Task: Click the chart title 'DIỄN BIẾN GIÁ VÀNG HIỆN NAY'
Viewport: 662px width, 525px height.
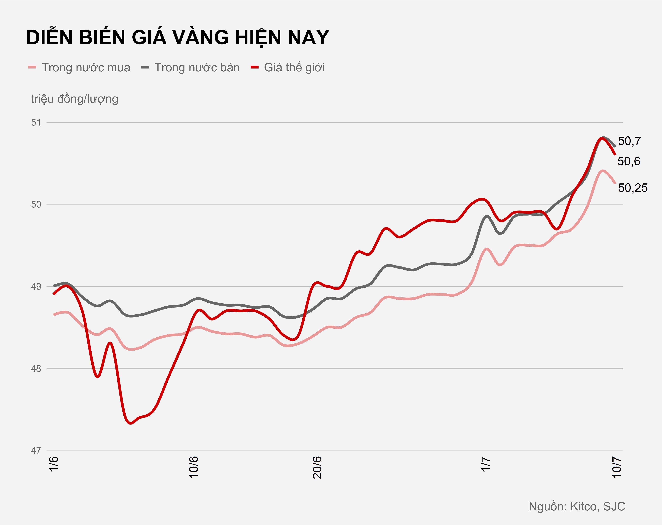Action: (178, 38)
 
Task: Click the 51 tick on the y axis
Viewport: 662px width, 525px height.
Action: (36, 123)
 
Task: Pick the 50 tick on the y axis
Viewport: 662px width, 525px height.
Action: (36, 204)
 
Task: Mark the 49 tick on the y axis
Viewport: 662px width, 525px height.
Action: (36, 287)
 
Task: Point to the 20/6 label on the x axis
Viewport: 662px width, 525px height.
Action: (317, 467)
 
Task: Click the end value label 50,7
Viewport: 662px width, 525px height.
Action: (629, 141)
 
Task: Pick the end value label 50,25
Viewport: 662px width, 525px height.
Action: (633, 188)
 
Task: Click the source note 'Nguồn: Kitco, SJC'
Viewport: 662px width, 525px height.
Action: (577, 506)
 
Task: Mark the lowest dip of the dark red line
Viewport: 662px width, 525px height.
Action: (131, 423)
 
